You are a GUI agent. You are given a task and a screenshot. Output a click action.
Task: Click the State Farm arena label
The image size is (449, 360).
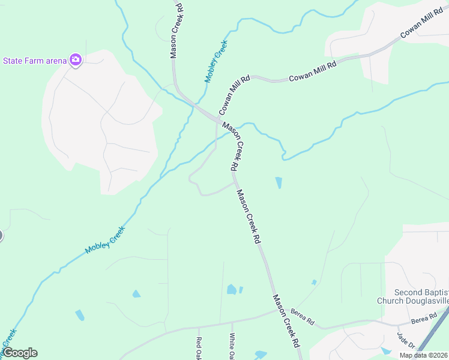pyautogui.click(x=34, y=60)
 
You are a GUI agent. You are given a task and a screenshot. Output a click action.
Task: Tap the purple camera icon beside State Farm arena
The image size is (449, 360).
pyautogui.click(x=75, y=59)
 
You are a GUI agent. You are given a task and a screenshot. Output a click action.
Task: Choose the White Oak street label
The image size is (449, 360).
pyautogui.click(x=232, y=347)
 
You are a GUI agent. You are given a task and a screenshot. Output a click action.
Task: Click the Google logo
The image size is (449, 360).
pyautogui.click(x=19, y=353)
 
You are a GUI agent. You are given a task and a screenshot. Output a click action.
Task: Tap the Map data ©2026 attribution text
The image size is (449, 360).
pyautogui.click(x=423, y=355)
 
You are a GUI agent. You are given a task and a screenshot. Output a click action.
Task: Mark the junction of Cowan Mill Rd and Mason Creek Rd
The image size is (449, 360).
pyautogui.click(x=216, y=119)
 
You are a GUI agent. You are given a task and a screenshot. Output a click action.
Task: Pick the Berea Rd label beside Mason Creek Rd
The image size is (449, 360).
pyautogui.click(x=302, y=316)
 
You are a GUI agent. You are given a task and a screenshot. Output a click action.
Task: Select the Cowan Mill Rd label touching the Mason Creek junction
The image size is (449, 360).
pyautogui.click(x=234, y=95)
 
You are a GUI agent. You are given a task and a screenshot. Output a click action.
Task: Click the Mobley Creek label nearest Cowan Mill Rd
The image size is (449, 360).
pyautogui.click(x=216, y=61)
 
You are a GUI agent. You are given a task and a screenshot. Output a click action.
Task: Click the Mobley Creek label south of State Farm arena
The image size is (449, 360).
pyautogui.click(x=105, y=240)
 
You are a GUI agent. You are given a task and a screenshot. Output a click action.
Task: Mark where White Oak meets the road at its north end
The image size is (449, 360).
pyautogui.click(x=231, y=322)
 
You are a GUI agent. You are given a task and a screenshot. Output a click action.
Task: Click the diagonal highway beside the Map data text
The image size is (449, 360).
pyautogui.click(x=432, y=331)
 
